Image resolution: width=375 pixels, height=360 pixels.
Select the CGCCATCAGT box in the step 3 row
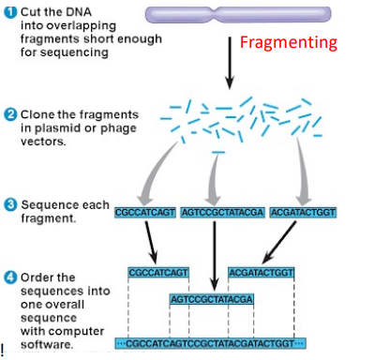pos(144,212)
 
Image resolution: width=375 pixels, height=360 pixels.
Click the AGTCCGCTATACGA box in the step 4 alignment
pos(212,299)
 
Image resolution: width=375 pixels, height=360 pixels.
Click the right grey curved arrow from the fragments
pos(298,169)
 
